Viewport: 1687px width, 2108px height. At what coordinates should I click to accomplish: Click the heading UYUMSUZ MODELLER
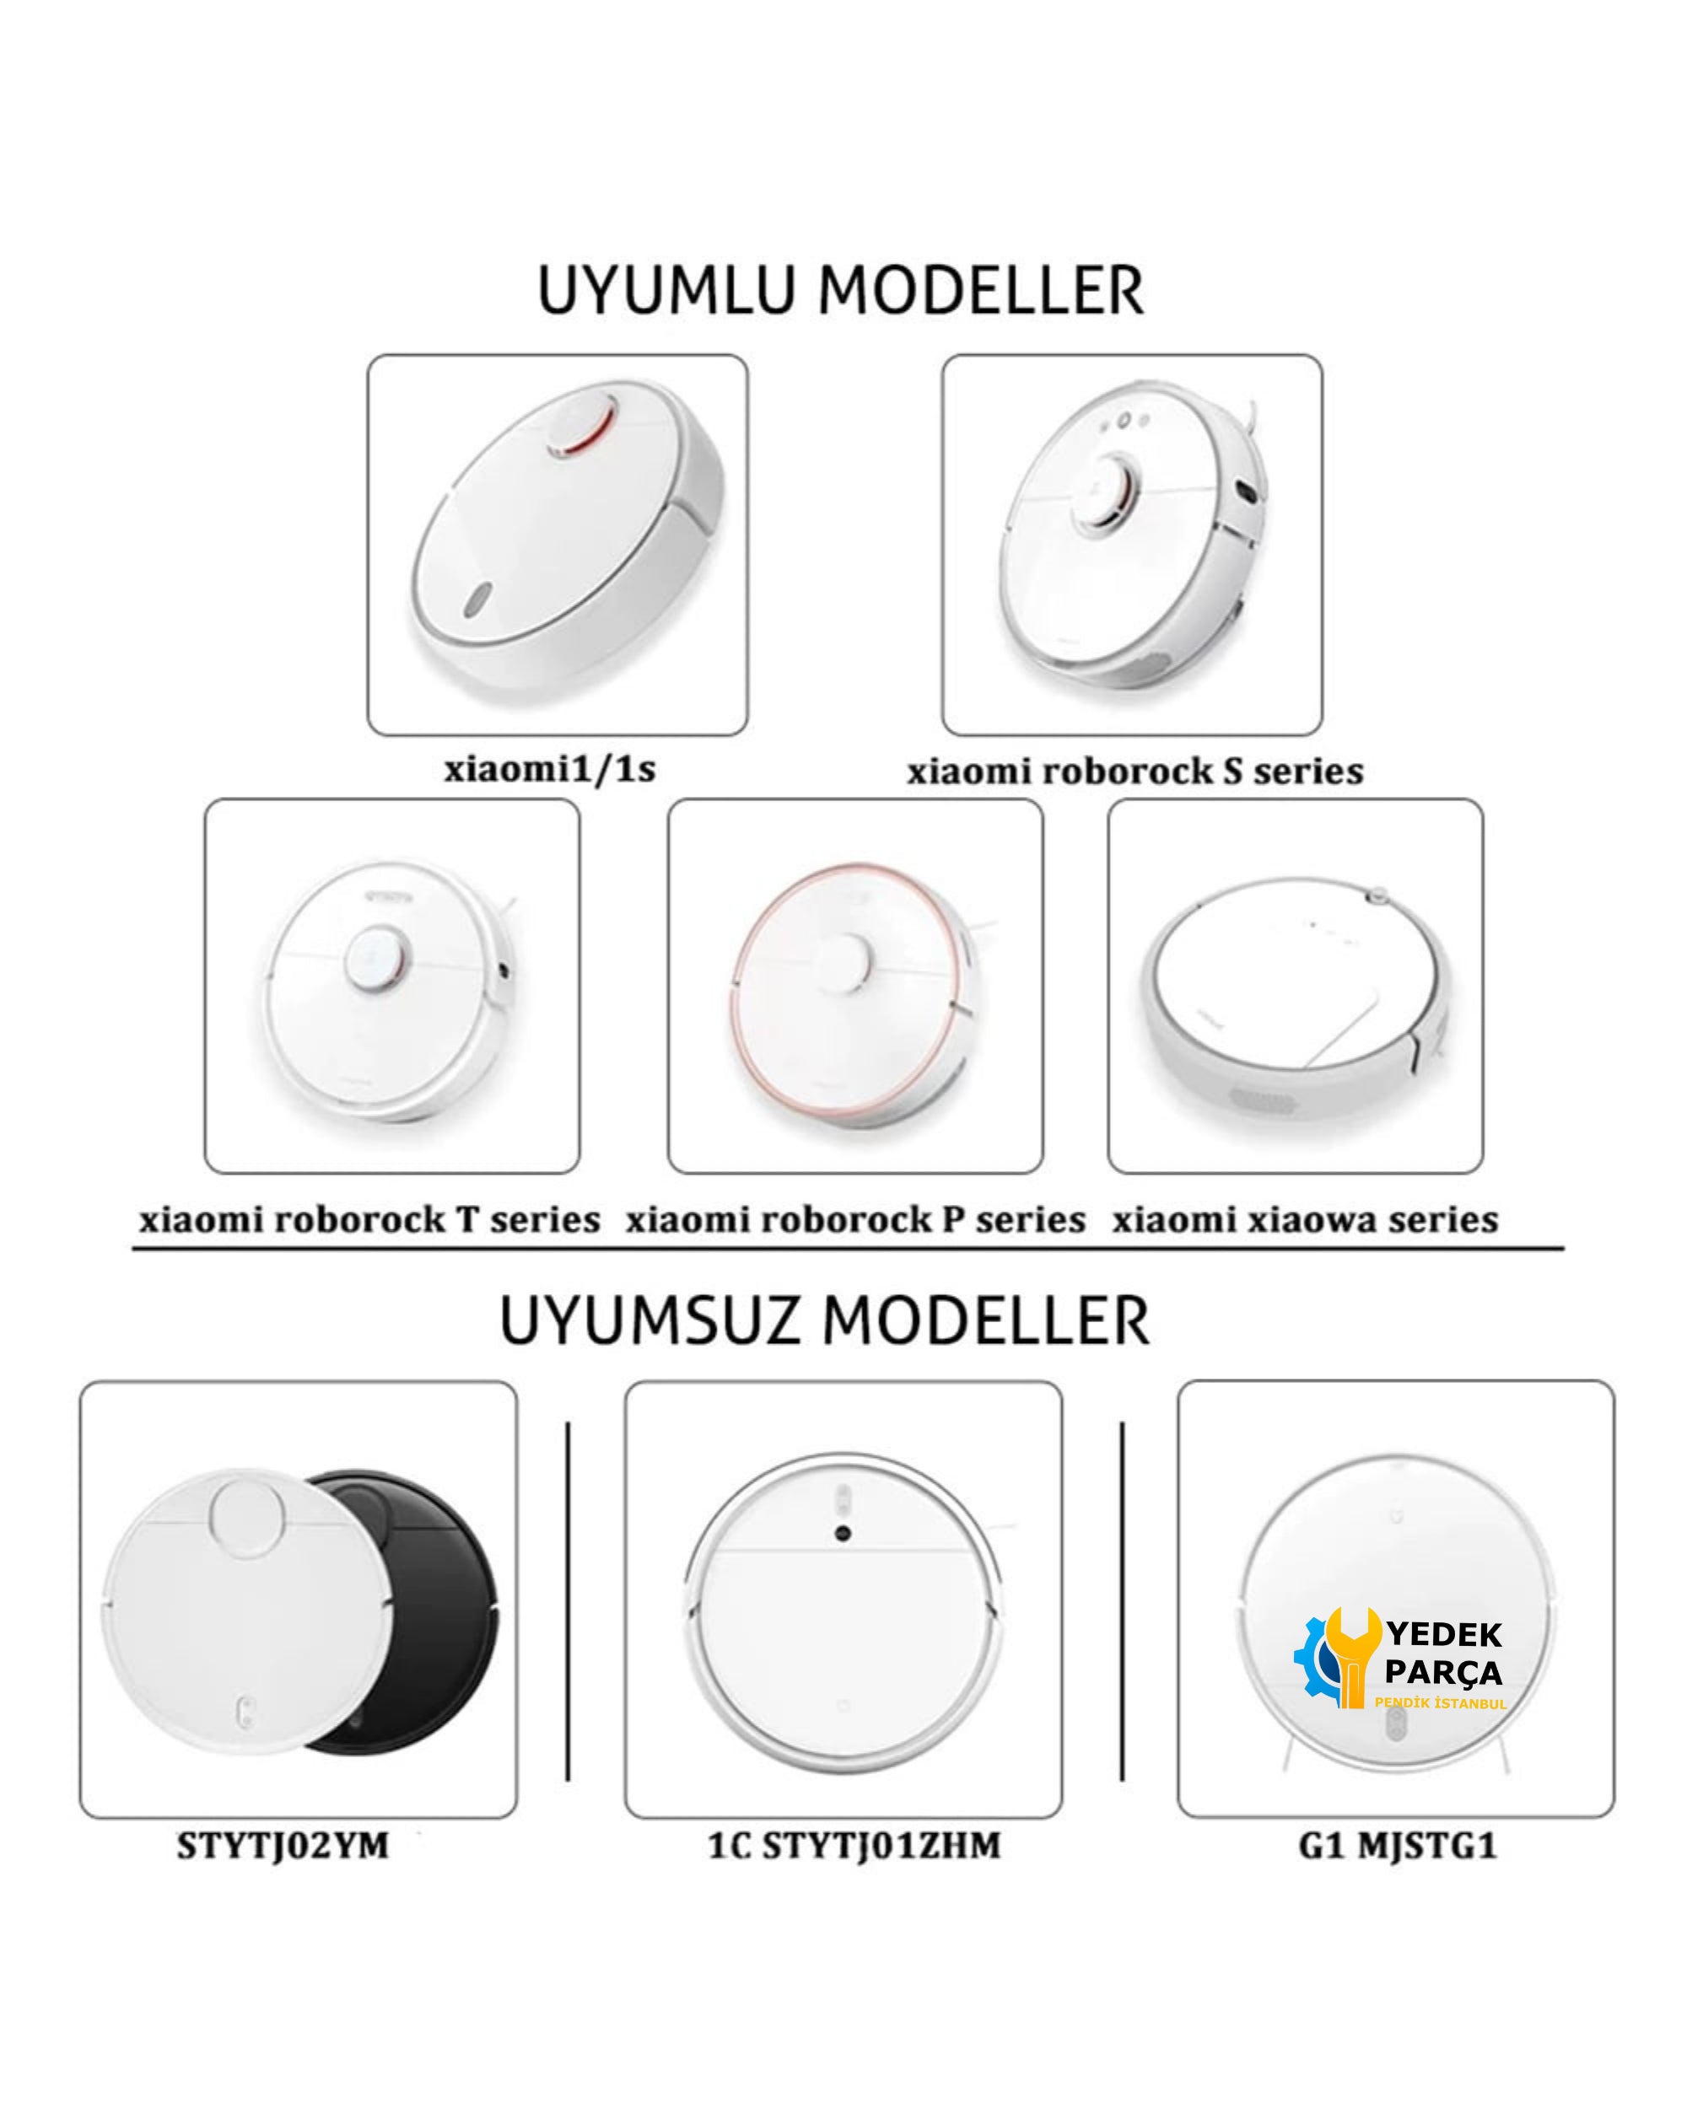pyautogui.click(x=824, y=1322)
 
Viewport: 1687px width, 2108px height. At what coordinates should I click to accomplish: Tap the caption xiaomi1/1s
pyautogui.click(x=550, y=770)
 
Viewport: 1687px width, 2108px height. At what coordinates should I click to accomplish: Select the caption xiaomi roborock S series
pyautogui.click(x=1135, y=772)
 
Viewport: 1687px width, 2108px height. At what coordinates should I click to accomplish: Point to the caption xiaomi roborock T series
pyautogui.click(x=369, y=1220)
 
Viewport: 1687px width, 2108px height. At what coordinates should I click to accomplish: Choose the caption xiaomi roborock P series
pyautogui.click(x=855, y=1220)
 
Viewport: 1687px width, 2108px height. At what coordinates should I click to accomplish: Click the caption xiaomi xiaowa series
pyautogui.click(x=1305, y=1220)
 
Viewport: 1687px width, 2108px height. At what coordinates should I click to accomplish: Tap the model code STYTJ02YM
pyautogui.click(x=283, y=1846)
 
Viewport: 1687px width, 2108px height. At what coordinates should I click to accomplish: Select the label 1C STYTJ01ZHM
pyautogui.click(x=854, y=1846)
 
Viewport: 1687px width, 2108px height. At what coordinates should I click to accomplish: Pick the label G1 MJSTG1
pyautogui.click(x=1398, y=1846)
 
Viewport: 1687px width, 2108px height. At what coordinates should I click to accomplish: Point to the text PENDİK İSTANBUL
pyautogui.click(x=1441, y=1703)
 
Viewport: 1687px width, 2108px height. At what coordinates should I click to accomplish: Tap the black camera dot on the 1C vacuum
pyautogui.click(x=842, y=1534)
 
